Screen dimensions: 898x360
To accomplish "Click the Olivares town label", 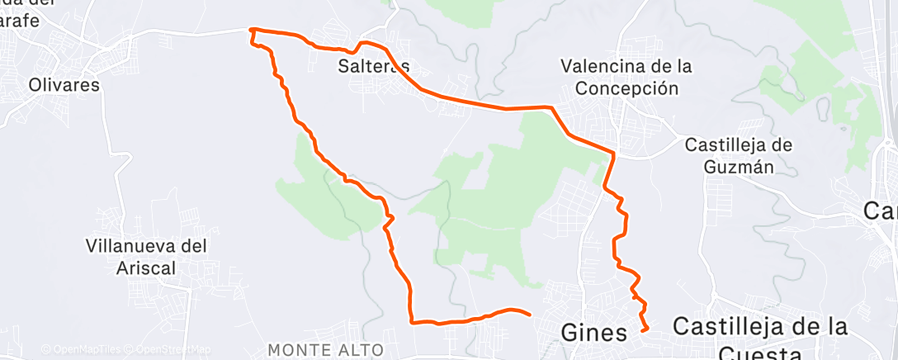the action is pyautogui.click(x=64, y=85).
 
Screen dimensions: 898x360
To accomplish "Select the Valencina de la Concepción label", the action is pyautogui.click(x=625, y=77).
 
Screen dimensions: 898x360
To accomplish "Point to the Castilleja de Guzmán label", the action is pyautogui.click(x=740, y=156).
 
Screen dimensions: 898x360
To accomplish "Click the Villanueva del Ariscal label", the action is pyautogui.click(x=145, y=256).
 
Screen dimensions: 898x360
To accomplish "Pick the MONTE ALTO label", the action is pyautogui.click(x=325, y=349).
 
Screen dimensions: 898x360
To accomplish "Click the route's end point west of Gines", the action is pyautogui.click(x=528, y=313).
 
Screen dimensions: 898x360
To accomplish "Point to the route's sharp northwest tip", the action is pyautogui.click(x=251, y=30).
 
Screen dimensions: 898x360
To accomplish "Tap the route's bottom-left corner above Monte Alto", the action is pyautogui.click(x=410, y=321).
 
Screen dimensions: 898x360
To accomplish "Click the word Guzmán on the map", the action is pyautogui.click(x=740, y=167).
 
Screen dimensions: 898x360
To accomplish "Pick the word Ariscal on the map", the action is pyautogui.click(x=146, y=267).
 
